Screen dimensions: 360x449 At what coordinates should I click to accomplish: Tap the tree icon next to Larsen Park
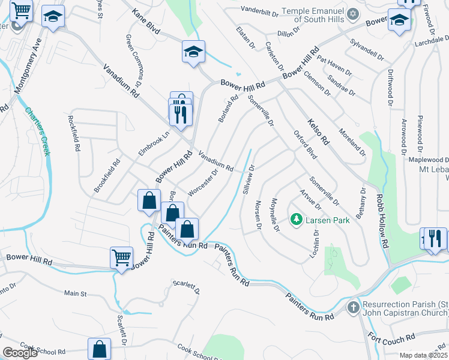click(x=295, y=220)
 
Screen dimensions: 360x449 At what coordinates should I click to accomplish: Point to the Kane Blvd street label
click(x=146, y=21)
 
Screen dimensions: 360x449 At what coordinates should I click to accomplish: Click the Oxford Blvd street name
click(x=304, y=145)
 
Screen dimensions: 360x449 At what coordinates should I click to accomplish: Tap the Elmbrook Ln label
click(x=154, y=143)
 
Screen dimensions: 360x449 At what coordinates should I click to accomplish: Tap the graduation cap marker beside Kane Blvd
click(x=194, y=52)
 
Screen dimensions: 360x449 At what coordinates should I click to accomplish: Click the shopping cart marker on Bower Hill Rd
click(x=121, y=259)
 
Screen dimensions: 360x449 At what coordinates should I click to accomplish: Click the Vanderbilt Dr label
click(x=259, y=10)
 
